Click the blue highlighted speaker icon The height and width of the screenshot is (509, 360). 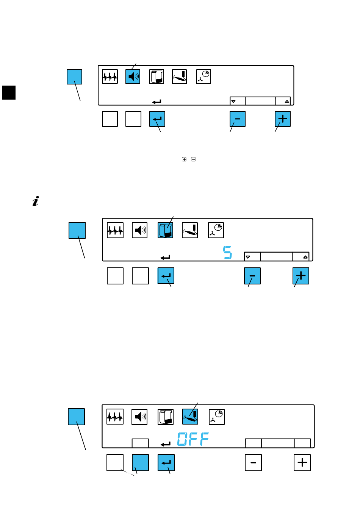[x=133, y=77]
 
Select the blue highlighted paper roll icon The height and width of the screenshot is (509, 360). [x=165, y=230]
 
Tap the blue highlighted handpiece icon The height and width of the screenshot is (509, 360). [x=190, y=417]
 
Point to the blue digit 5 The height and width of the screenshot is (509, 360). [x=227, y=253]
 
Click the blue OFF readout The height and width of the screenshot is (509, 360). [x=193, y=439]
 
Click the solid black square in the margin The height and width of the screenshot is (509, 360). [x=9, y=92]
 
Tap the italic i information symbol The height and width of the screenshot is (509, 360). [x=36, y=201]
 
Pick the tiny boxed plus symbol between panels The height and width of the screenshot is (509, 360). [x=184, y=159]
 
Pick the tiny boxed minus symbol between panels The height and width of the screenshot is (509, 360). [x=193, y=159]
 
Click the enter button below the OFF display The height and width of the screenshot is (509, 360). [x=166, y=462]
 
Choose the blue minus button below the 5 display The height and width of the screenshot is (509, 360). [x=252, y=276]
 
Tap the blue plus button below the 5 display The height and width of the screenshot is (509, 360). [x=301, y=276]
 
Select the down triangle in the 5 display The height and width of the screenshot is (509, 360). [x=248, y=257]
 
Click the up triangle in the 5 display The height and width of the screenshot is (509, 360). [x=305, y=257]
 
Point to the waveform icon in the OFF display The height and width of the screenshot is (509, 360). [x=115, y=417]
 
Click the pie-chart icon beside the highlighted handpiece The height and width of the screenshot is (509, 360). [x=217, y=417]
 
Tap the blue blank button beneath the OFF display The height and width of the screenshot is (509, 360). [x=140, y=462]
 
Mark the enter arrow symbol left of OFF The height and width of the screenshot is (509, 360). [x=166, y=444]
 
